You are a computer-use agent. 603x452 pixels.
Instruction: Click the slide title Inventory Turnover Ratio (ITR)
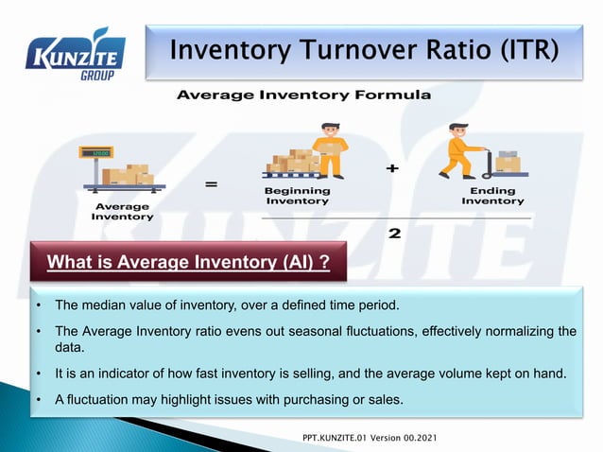[x=362, y=48]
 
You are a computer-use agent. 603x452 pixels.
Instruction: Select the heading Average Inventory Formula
[x=303, y=96]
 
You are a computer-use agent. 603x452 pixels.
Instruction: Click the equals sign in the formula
[x=211, y=185]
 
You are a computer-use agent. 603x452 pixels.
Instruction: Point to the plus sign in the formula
[x=392, y=168]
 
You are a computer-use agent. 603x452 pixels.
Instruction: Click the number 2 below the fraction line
[x=394, y=234]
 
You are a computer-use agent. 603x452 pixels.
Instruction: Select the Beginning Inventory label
[x=297, y=196]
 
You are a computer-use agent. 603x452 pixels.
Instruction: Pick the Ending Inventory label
[x=492, y=196]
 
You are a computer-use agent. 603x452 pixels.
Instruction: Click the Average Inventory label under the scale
[x=122, y=211]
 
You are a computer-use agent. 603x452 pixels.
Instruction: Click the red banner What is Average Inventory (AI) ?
[x=188, y=262]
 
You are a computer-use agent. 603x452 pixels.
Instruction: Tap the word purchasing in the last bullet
[x=296, y=399]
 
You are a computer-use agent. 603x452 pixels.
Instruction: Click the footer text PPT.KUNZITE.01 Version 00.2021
[x=370, y=441]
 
